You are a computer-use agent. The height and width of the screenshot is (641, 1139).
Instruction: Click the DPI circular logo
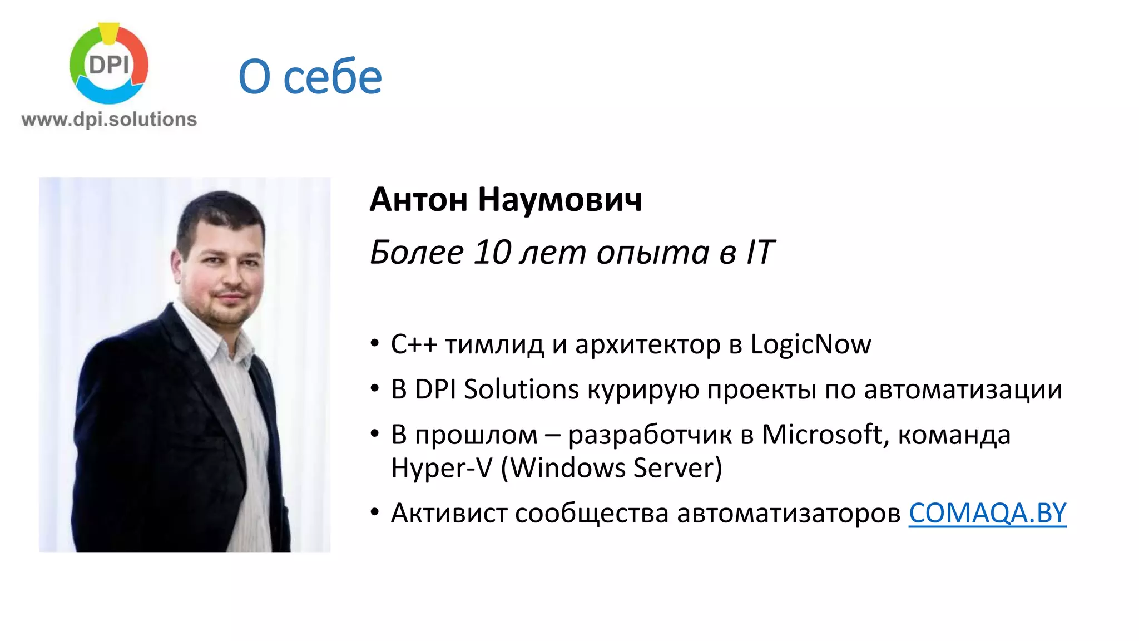(109, 63)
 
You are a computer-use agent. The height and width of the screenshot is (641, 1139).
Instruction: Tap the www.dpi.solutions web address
(109, 120)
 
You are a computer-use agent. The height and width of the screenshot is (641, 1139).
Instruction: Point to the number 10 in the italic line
(492, 253)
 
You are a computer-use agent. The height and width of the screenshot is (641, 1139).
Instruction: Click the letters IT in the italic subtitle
(760, 253)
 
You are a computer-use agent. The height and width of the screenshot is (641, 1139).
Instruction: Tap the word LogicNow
(810, 344)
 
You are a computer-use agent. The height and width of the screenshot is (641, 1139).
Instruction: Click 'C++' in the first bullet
(414, 344)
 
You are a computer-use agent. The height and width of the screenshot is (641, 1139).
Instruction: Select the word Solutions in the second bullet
(521, 389)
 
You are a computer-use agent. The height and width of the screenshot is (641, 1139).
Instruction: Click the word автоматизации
(963, 389)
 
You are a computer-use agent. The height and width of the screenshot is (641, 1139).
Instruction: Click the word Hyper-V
(442, 468)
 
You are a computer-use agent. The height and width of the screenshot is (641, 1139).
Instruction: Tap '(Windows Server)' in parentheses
(611, 468)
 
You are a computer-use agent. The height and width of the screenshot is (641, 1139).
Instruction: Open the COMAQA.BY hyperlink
(987, 513)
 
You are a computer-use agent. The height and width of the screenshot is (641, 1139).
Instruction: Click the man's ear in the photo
(177, 263)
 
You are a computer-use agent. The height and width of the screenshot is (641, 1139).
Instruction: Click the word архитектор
(647, 344)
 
